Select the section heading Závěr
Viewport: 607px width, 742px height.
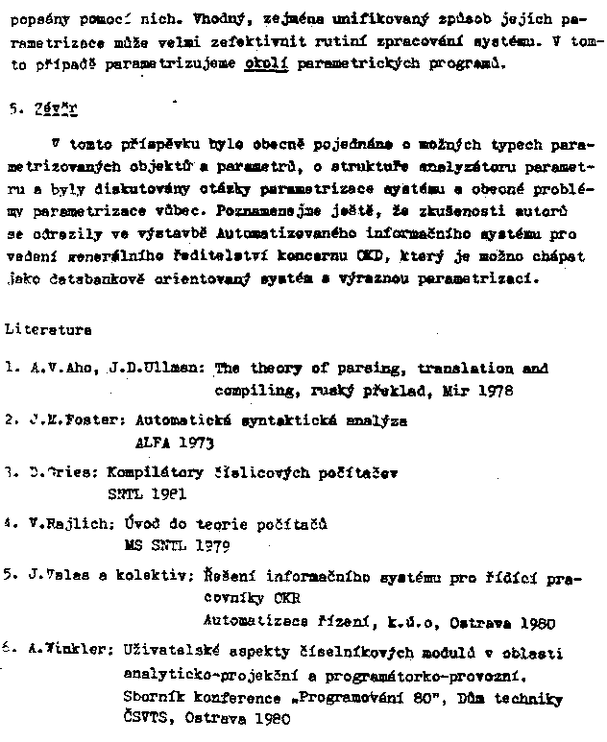pyautogui.click(x=46, y=110)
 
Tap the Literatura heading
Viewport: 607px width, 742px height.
pyautogui.click(x=48, y=329)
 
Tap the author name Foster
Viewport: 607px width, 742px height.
pyautogui.click(x=89, y=420)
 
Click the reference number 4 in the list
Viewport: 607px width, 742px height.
pyautogui.click(x=9, y=524)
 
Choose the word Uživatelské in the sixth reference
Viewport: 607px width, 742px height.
pyautogui.click(x=164, y=653)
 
